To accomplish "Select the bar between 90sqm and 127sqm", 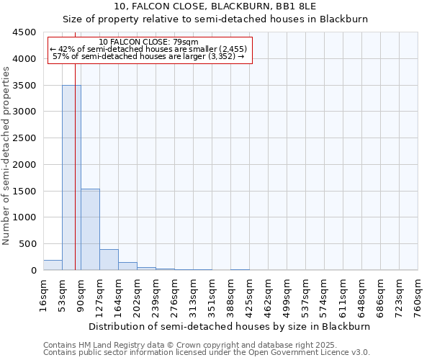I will point(90,229).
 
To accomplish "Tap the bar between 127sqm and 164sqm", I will point(109,259).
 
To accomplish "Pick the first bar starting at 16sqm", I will point(53,265).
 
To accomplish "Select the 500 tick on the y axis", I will point(29,244).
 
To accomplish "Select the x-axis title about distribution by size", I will point(230,326).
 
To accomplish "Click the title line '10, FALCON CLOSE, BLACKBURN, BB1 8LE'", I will point(215,7).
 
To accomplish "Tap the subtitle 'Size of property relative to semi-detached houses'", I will point(215,19).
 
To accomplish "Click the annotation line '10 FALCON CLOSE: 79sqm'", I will point(148,42).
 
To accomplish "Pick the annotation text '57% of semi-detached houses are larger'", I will point(148,56).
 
